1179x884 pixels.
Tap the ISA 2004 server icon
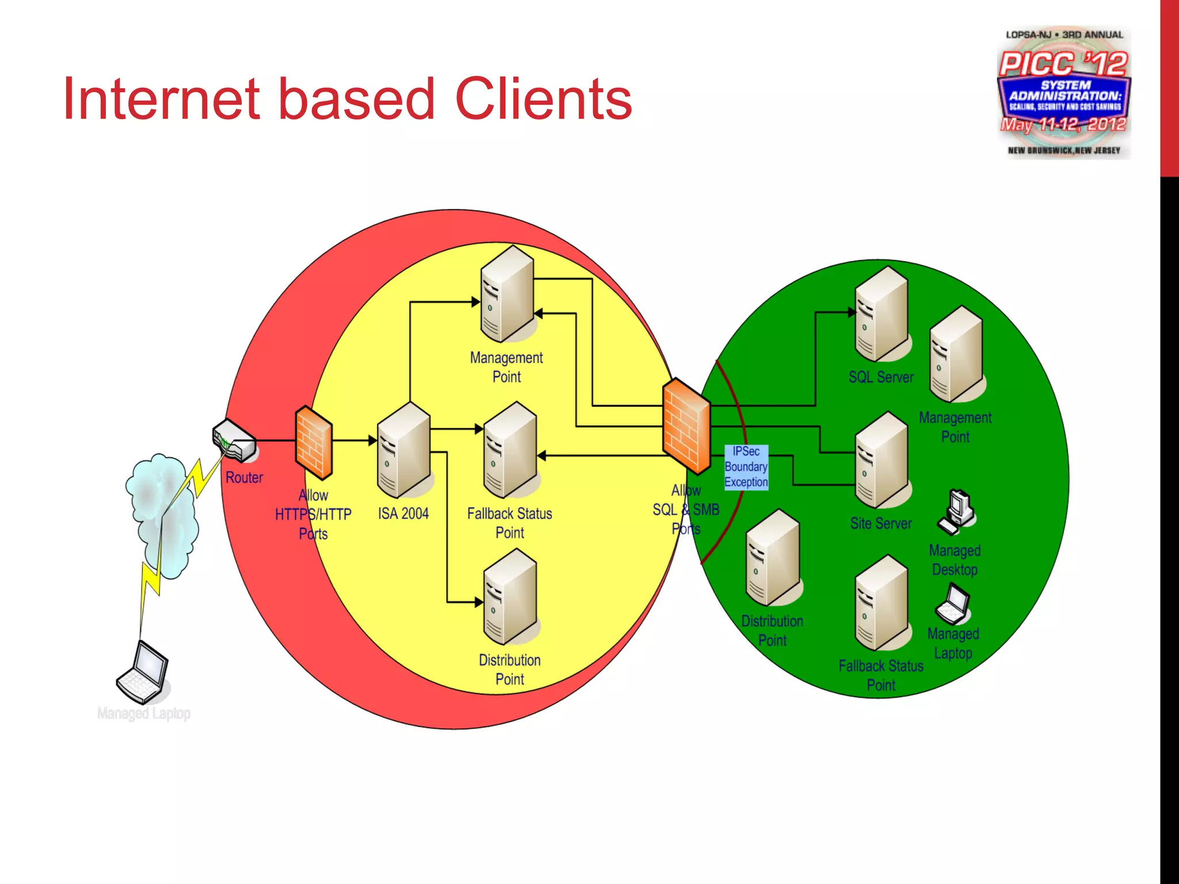click(403, 450)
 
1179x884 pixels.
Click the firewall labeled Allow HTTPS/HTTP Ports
click(314, 443)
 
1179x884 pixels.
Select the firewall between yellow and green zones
click(686, 426)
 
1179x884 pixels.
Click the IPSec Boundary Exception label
click(746, 467)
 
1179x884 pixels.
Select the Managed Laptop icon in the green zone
click(953, 604)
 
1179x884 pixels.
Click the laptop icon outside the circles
click(143, 672)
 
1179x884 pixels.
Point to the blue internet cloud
click(161, 512)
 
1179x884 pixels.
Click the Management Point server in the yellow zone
click(507, 294)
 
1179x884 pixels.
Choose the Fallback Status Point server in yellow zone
click(509, 450)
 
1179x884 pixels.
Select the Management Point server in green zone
click(955, 354)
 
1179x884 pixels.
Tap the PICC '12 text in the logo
click(1063, 63)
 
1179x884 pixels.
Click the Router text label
click(244, 478)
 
